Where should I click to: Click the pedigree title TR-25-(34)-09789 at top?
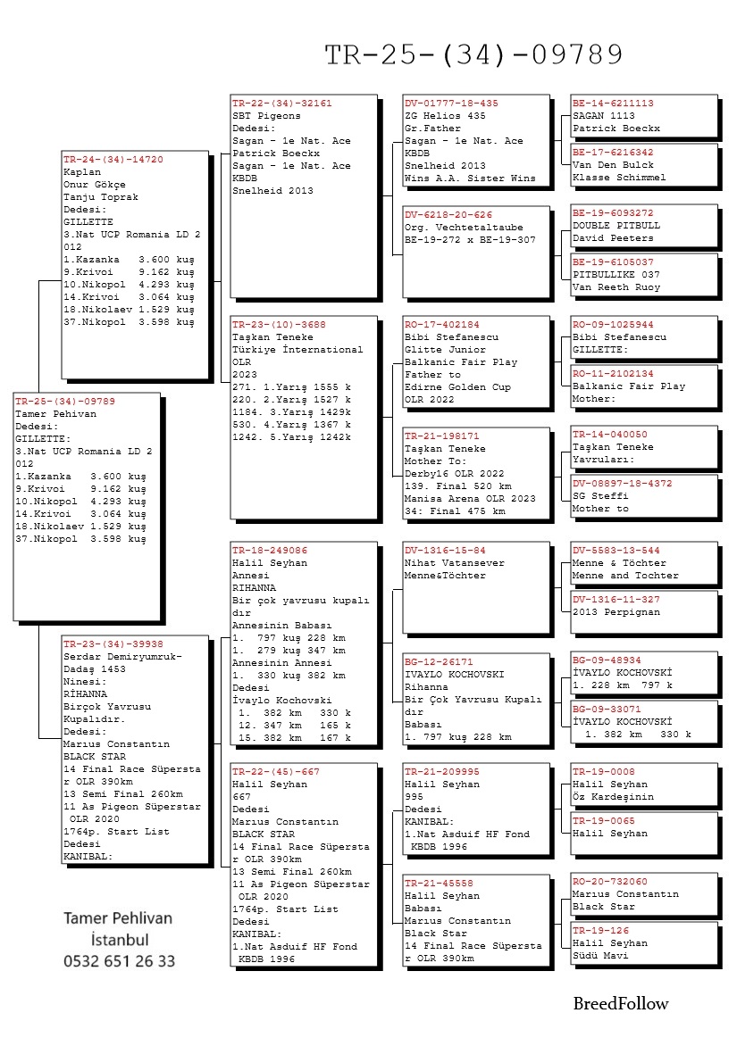pyautogui.click(x=473, y=55)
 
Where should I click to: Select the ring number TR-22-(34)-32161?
pyautogui.click(x=281, y=103)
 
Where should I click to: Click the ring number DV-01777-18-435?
pyautogui.click(x=451, y=103)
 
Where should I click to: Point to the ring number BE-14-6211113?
pyautogui.click(x=613, y=103)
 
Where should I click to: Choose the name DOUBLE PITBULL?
pyautogui.click(x=616, y=226)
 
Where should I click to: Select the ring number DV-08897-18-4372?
pyautogui.click(x=623, y=483)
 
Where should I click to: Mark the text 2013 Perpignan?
pyautogui.click(x=616, y=612)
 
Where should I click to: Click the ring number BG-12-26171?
pyautogui.click(x=439, y=662)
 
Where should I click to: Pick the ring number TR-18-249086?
pyautogui.click(x=269, y=551)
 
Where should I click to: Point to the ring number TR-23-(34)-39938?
pyautogui.click(x=113, y=643)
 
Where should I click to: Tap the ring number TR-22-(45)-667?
pyautogui.click(x=269, y=771)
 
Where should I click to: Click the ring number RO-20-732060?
pyautogui.click(x=616, y=881)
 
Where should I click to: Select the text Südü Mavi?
pyautogui.click(x=602, y=956)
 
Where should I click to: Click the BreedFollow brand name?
pyautogui.click(x=621, y=1003)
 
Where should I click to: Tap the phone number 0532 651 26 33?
pyautogui.click(x=119, y=961)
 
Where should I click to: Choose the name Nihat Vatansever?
pyautogui.click(x=454, y=563)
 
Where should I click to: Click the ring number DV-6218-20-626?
pyautogui.click(x=448, y=214)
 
